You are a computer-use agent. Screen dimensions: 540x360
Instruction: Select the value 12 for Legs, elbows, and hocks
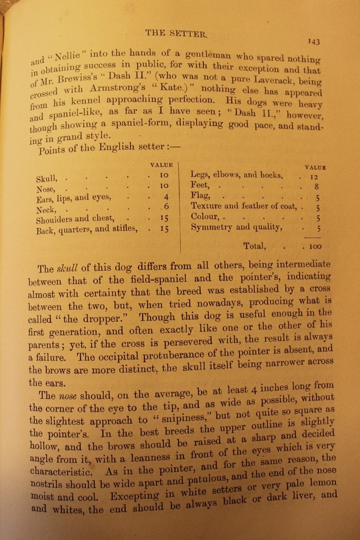click(x=315, y=177)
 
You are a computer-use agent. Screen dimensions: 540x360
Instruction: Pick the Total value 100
click(x=315, y=246)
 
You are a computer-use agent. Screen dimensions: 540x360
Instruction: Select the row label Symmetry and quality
click(x=236, y=227)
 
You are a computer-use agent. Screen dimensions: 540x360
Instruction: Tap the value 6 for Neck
click(x=165, y=207)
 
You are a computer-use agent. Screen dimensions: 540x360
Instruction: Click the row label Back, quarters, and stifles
click(x=86, y=229)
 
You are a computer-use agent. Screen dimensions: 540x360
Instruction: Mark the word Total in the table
click(x=254, y=246)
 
